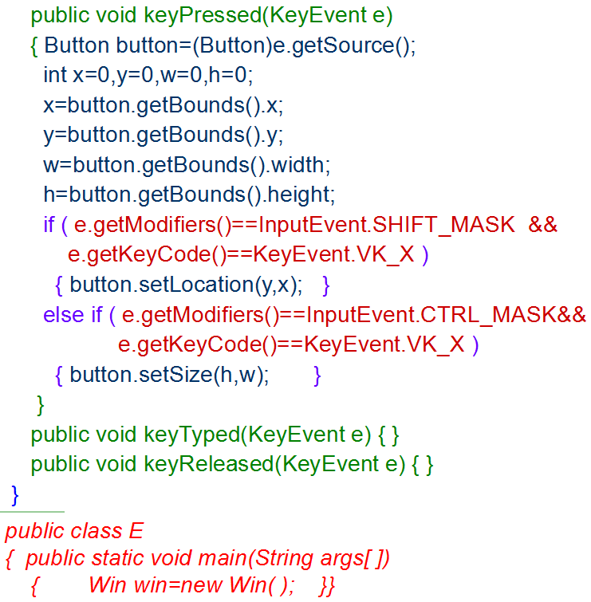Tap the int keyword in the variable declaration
pyautogui.click(x=54, y=75)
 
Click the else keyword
pyautogui.click(x=63, y=314)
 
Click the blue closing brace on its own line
pyautogui.click(x=14, y=494)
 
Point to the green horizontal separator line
pyautogui.click(x=32, y=512)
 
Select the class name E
pyautogui.click(x=135, y=531)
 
